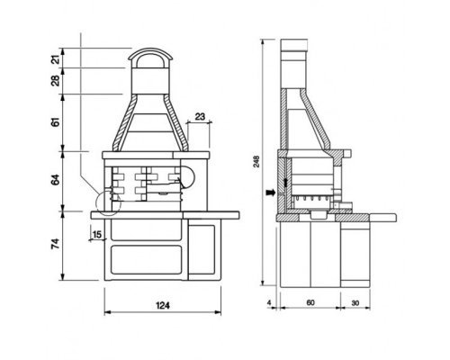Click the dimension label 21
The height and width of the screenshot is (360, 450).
point(56,58)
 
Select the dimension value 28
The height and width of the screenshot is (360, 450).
point(56,81)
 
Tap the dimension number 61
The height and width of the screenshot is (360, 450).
point(56,122)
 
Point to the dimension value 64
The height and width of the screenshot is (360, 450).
point(56,180)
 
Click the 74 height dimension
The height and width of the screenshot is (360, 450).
point(56,244)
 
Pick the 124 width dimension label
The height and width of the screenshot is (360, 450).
point(163,305)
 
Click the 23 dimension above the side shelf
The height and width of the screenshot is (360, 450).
point(200,116)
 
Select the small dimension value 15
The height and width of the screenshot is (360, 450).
point(97,234)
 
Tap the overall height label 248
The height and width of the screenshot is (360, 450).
point(256,161)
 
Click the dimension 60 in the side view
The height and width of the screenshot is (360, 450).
point(310,302)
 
